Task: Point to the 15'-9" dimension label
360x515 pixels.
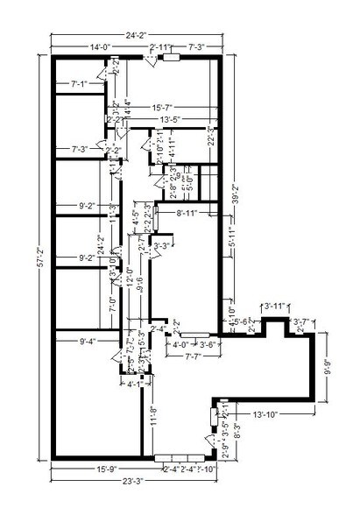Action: [x=108, y=469]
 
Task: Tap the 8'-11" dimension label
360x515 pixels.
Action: [x=191, y=211]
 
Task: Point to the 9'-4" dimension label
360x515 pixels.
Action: [x=91, y=341]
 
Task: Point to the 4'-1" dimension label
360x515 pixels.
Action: [x=134, y=383]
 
